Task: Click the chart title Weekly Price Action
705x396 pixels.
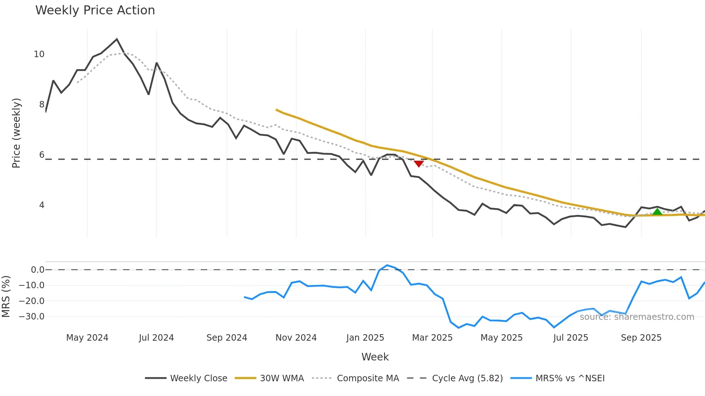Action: pyautogui.click(x=95, y=10)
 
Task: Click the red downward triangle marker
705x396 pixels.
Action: pyautogui.click(x=419, y=164)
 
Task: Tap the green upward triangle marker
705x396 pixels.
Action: pyautogui.click(x=657, y=211)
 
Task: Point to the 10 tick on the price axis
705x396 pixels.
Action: pyautogui.click(x=39, y=54)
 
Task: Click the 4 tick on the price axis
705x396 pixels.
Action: pyautogui.click(x=42, y=205)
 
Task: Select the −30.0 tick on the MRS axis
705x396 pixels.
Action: pyautogui.click(x=32, y=317)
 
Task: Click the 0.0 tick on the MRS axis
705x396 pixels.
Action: pyautogui.click(x=37, y=270)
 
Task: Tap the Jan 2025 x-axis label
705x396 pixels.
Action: pyautogui.click(x=365, y=338)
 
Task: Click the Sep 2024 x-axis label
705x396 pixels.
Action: pyautogui.click(x=227, y=338)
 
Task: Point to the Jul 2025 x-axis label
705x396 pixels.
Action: pyautogui.click(x=570, y=338)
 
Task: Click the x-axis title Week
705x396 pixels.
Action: pyautogui.click(x=375, y=357)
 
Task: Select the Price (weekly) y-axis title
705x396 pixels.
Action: pyautogui.click(x=16, y=133)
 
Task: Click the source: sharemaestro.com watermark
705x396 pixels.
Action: pyautogui.click(x=637, y=317)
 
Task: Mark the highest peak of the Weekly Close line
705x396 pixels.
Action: pyautogui.click(x=117, y=39)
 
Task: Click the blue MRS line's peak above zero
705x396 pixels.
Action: pyautogui.click(x=387, y=265)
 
